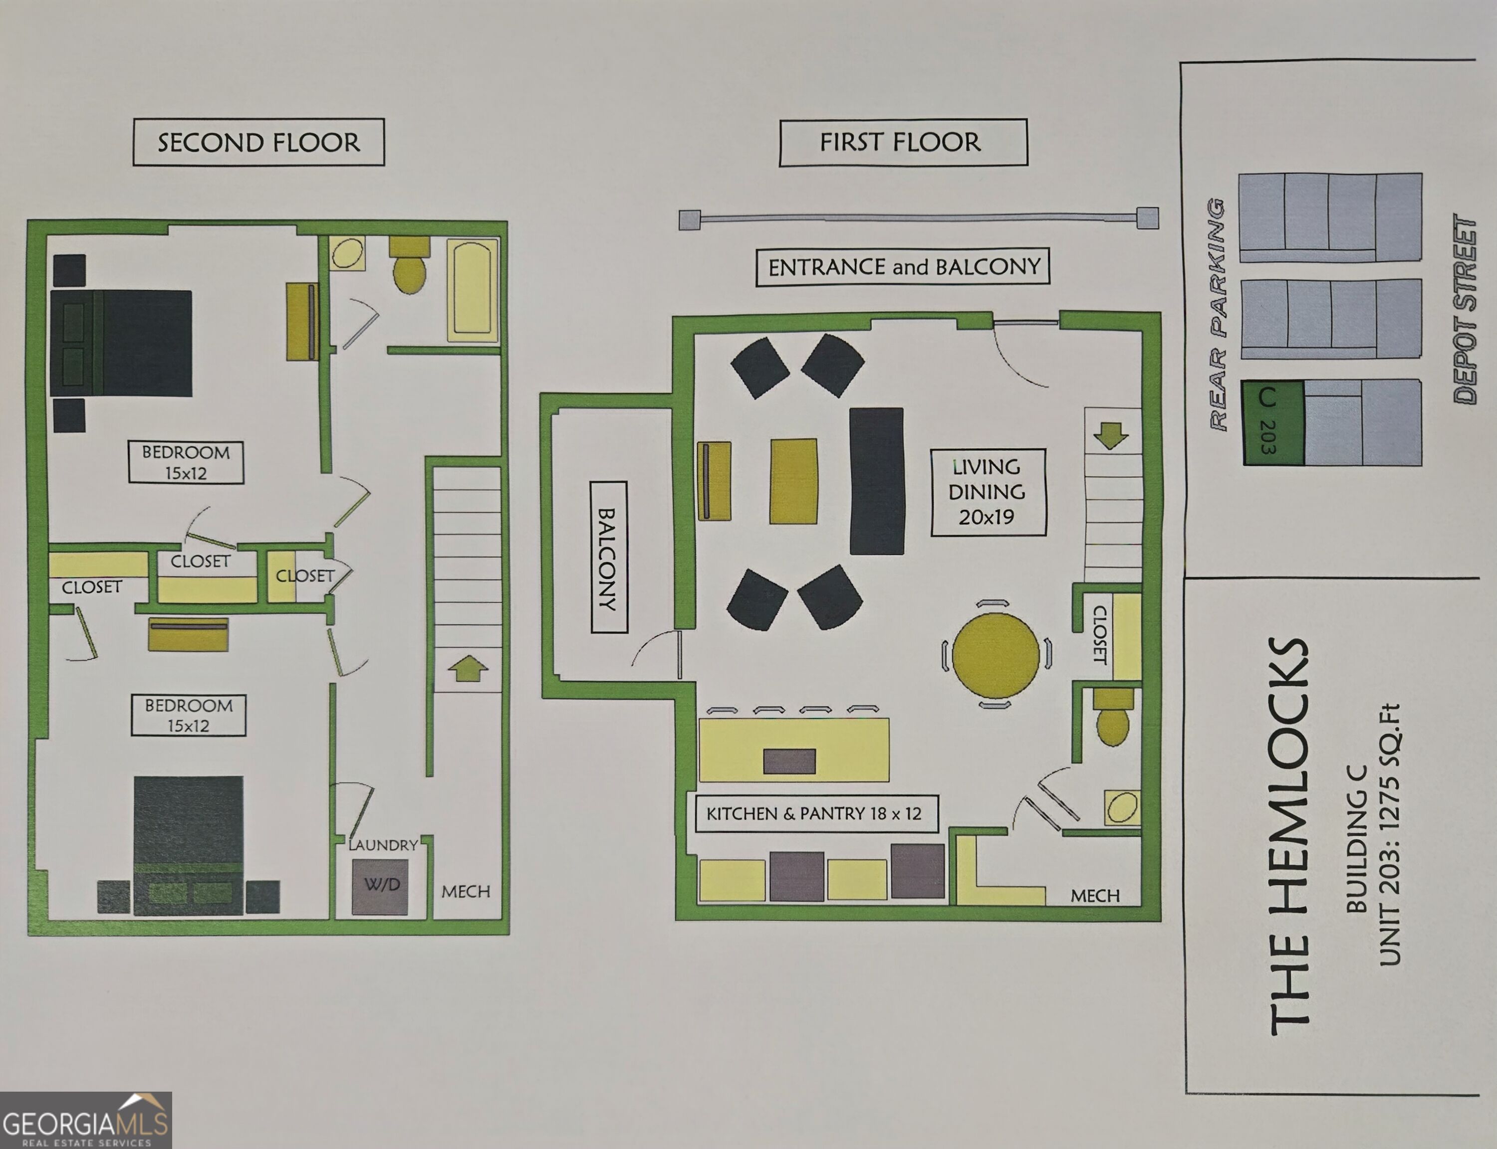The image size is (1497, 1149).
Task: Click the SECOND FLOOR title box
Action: pyautogui.click(x=258, y=142)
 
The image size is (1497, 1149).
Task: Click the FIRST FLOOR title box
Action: pyautogui.click(x=903, y=142)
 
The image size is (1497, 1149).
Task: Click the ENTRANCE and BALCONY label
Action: pyautogui.click(x=903, y=267)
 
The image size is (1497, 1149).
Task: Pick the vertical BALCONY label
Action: pyautogui.click(x=608, y=558)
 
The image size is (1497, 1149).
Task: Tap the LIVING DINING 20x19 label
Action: pyautogui.click(x=988, y=492)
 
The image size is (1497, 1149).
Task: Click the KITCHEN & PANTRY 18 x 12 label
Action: pyautogui.click(x=816, y=814)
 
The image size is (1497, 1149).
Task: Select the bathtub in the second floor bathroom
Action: pyautogui.click(x=472, y=289)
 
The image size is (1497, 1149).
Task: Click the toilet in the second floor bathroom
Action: pyautogui.click(x=410, y=265)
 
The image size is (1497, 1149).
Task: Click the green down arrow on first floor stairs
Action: pyautogui.click(x=1111, y=435)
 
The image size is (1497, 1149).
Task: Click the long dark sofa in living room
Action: pyautogui.click(x=877, y=481)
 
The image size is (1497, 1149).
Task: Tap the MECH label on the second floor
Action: pyautogui.click(x=466, y=892)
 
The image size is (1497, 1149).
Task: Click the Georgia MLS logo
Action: pyautogui.click(x=85, y=1120)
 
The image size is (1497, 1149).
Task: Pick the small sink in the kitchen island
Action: pyautogui.click(x=789, y=761)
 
